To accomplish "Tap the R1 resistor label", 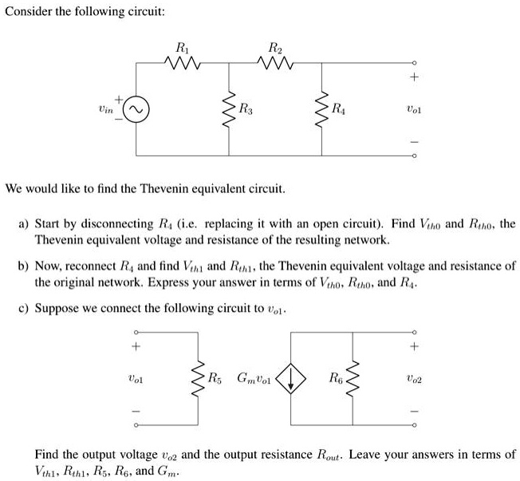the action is (183, 45).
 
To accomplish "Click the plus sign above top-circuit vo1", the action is (413, 77).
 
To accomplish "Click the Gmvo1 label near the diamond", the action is (254, 377).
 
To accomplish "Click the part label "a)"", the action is (25, 225).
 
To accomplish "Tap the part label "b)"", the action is (25, 267).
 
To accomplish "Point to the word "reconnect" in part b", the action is (95, 267).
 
